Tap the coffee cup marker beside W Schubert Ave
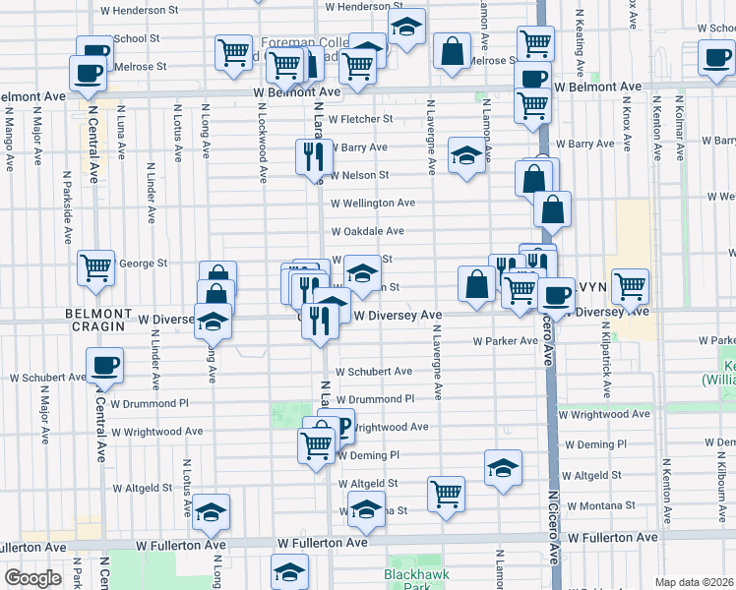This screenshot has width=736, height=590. coord(103,365)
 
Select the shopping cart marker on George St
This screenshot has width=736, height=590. coord(96,265)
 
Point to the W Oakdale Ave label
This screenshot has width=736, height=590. coord(367,231)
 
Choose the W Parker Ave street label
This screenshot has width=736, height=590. coord(505,341)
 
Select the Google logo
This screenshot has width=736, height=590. coord(32,578)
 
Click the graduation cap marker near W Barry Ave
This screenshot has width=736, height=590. coord(465,153)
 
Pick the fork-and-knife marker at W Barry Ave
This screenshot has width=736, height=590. coord(315,154)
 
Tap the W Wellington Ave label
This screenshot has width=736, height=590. coord(373,203)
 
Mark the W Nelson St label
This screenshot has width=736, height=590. coord(360,175)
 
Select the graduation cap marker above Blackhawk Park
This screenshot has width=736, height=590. coord(290,571)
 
